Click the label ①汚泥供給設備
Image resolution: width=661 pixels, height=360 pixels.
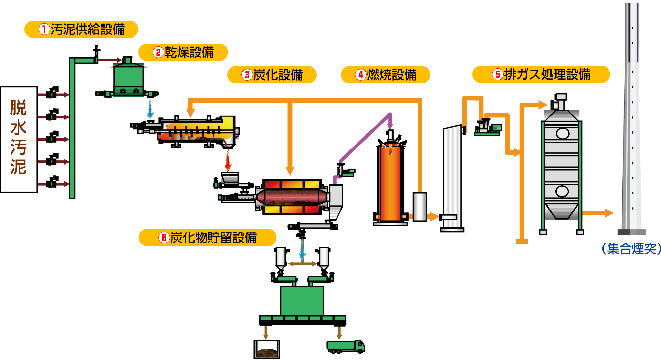tap(81, 29)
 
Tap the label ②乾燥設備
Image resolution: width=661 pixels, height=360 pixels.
tap(183, 52)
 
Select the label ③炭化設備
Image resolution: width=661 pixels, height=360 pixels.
tap(272, 75)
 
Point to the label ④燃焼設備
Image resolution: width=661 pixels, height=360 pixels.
tap(386, 75)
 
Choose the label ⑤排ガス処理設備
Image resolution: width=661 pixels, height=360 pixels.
tap(541, 74)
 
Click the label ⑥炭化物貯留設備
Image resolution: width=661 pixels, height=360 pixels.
tap(208, 237)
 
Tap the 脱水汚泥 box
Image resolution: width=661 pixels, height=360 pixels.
tap(19, 139)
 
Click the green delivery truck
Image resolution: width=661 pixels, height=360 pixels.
tap(345, 346)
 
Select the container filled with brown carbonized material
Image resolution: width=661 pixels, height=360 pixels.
tap(267, 349)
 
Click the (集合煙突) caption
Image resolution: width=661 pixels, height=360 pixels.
tap(631, 248)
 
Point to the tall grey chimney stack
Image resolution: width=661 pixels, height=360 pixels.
tap(632, 120)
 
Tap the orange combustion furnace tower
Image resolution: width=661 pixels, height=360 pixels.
tap(390, 182)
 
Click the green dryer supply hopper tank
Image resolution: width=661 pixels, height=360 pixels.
tap(128, 77)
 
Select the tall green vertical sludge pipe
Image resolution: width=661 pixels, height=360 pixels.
tap(72, 131)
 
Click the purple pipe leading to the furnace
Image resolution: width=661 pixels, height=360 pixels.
tap(365, 138)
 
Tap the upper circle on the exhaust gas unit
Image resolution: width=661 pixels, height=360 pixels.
tap(563, 134)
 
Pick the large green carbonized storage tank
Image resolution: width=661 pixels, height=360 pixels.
tap(302, 300)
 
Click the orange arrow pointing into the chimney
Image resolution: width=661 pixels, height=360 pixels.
tap(599, 213)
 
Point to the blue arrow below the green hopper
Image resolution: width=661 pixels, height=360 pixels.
tap(150, 108)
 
